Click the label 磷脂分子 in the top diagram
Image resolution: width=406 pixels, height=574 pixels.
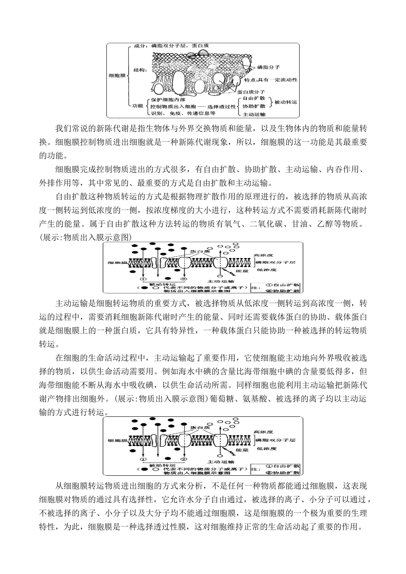click(268, 67)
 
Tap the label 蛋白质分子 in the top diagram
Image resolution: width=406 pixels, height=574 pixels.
click(254, 92)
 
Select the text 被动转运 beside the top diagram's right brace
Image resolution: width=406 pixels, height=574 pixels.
click(285, 102)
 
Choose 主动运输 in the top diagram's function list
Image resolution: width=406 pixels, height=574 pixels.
click(254, 114)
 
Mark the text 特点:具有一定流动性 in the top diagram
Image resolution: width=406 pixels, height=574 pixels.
click(271, 80)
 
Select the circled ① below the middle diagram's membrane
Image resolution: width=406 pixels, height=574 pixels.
click(144, 279)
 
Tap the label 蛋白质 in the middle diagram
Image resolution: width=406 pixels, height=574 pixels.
click(200, 252)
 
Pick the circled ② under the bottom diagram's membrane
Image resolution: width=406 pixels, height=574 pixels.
click(184, 459)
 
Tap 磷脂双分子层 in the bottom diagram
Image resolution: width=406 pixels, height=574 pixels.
click(274, 440)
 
